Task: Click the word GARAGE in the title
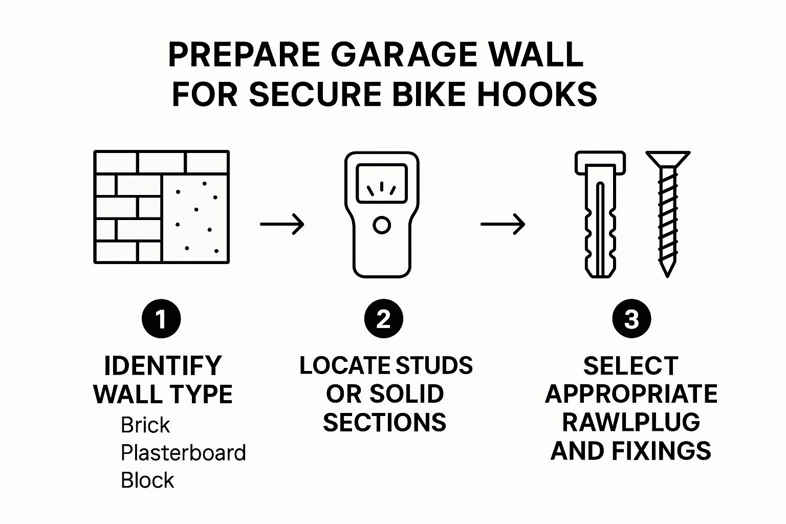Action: pyautogui.click(x=404, y=54)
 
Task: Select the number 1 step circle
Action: pyautogui.click(x=161, y=319)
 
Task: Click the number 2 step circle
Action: pyautogui.click(x=383, y=319)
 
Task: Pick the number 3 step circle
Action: pyautogui.click(x=631, y=319)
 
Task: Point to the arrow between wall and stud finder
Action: pyautogui.click(x=282, y=224)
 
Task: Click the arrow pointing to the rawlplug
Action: pyautogui.click(x=503, y=224)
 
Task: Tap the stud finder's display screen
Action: pyautogui.click(x=382, y=184)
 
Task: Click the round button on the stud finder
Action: pyautogui.click(x=382, y=225)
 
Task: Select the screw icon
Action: pyautogui.click(x=668, y=214)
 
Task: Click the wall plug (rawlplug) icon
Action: pyautogui.click(x=600, y=214)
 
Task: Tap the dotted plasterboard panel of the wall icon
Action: pyautogui.click(x=195, y=219)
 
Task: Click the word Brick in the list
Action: pyautogui.click(x=145, y=425)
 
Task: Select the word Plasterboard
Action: pyautogui.click(x=183, y=452)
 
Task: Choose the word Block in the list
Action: pyautogui.click(x=147, y=480)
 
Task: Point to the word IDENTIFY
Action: pyautogui.click(x=163, y=366)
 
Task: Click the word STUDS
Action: pyautogui.click(x=434, y=365)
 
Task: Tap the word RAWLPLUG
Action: pyautogui.click(x=631, y=422)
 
